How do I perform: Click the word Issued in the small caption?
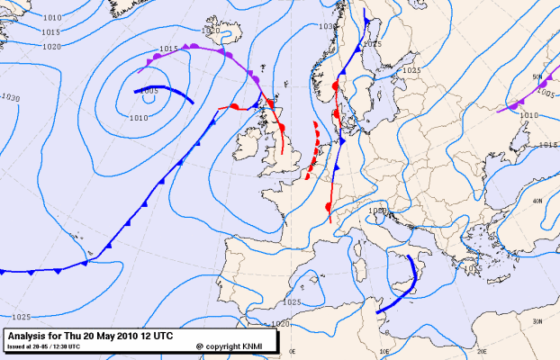tap(15, 346)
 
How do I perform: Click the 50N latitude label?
tap(537, 77)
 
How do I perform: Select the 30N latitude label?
tap(537, 321)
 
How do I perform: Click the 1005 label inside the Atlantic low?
tap(149, 91)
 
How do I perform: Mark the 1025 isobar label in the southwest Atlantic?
tap(22, 317)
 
